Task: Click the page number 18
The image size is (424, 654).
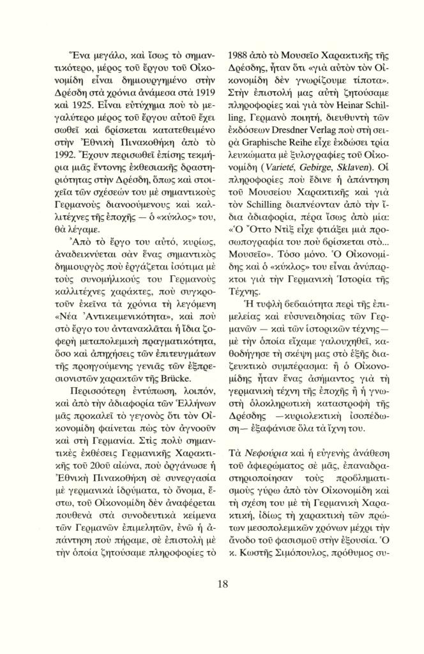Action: click(x=222, y=583)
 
